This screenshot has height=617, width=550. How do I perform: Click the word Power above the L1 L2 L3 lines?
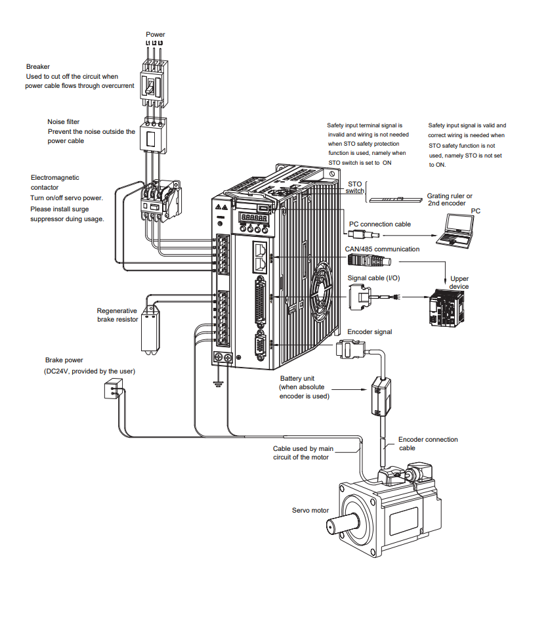click(x=156, y=34)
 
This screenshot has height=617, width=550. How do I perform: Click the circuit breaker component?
click(x=152, y=85)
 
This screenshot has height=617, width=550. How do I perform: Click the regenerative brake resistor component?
click(x=152, y=331)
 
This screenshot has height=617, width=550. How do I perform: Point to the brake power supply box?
click(x=112, y=391)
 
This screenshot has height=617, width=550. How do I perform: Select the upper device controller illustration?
click(x=446, y=307)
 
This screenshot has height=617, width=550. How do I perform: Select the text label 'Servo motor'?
click(x=310, y=510)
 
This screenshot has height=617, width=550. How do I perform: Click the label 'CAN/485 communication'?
click(x=382, y=249)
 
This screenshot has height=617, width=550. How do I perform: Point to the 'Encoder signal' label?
click(x=370, y=332)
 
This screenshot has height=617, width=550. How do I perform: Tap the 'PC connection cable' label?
click(x=380, y=224)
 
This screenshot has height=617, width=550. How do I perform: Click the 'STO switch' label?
click(x=355, y=188)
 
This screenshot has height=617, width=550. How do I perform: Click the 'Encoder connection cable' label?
click(x=427, y=444)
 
